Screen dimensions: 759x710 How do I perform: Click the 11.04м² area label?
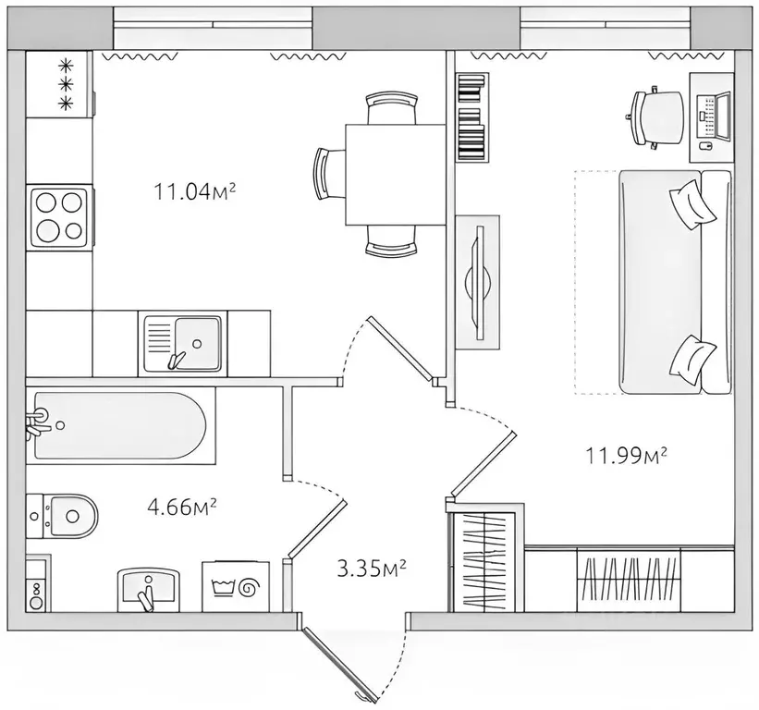coord(194,191)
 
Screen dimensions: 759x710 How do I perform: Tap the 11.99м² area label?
coord(627,456)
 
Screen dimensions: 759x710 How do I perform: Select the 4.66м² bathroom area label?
coord(181,508)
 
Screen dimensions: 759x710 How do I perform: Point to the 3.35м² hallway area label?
coord(372,569)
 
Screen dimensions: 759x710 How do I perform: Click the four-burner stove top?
coord(60,217)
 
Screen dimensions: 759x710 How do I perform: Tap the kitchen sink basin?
coord(183,343)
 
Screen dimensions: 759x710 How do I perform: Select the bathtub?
coord(120,426)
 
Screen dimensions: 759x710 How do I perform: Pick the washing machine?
coord(235,586)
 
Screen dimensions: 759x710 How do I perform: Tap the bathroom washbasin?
coord(149,590)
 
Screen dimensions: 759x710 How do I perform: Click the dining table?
coord(395,175)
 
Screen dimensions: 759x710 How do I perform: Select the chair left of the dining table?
coord(330,174)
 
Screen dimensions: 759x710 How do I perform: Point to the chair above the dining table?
coord(391,108)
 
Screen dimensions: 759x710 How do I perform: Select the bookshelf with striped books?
coord(472,116)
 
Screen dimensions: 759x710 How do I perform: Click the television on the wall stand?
coord(478,282)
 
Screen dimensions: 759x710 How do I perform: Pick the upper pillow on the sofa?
coord(692,203)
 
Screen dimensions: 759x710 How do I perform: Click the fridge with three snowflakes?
coord(59,84)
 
